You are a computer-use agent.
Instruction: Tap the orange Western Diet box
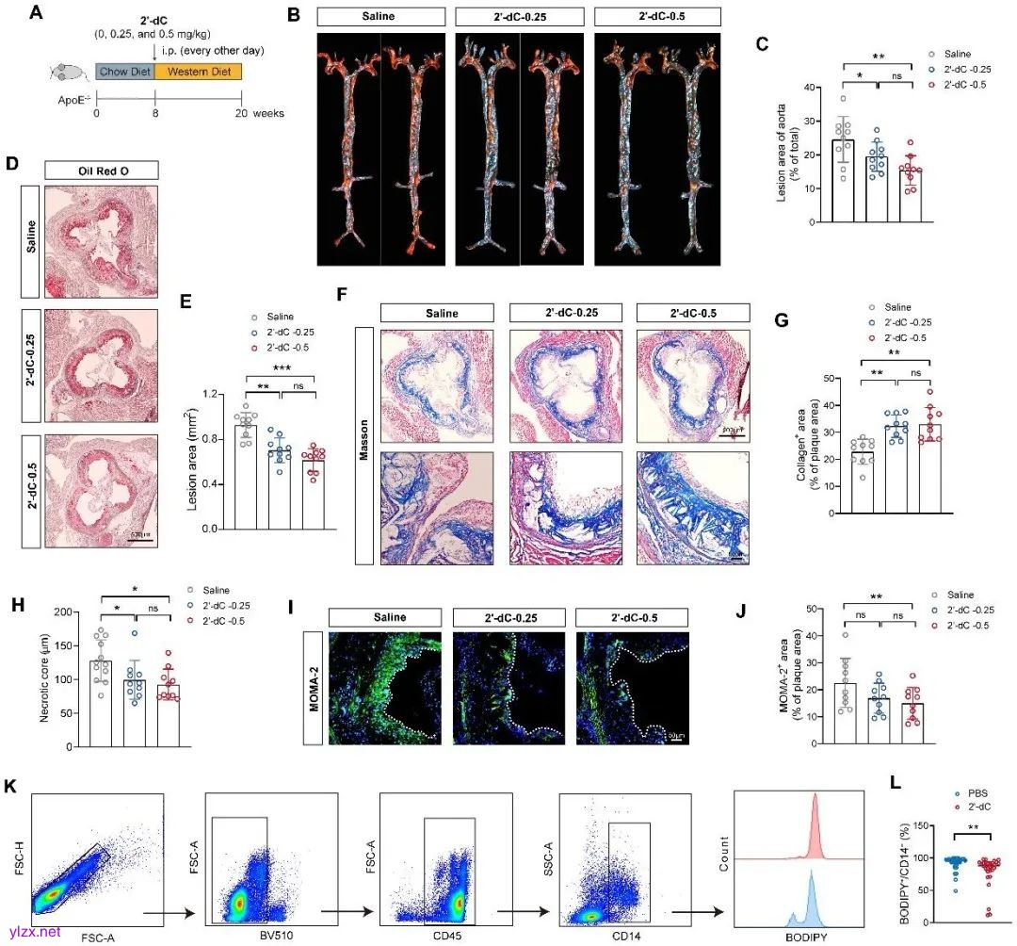point(198,71)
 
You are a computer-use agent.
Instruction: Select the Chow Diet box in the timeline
point(124,71)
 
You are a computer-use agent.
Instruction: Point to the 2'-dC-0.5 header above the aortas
point(657,16)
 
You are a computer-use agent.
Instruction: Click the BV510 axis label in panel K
point(267,933)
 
